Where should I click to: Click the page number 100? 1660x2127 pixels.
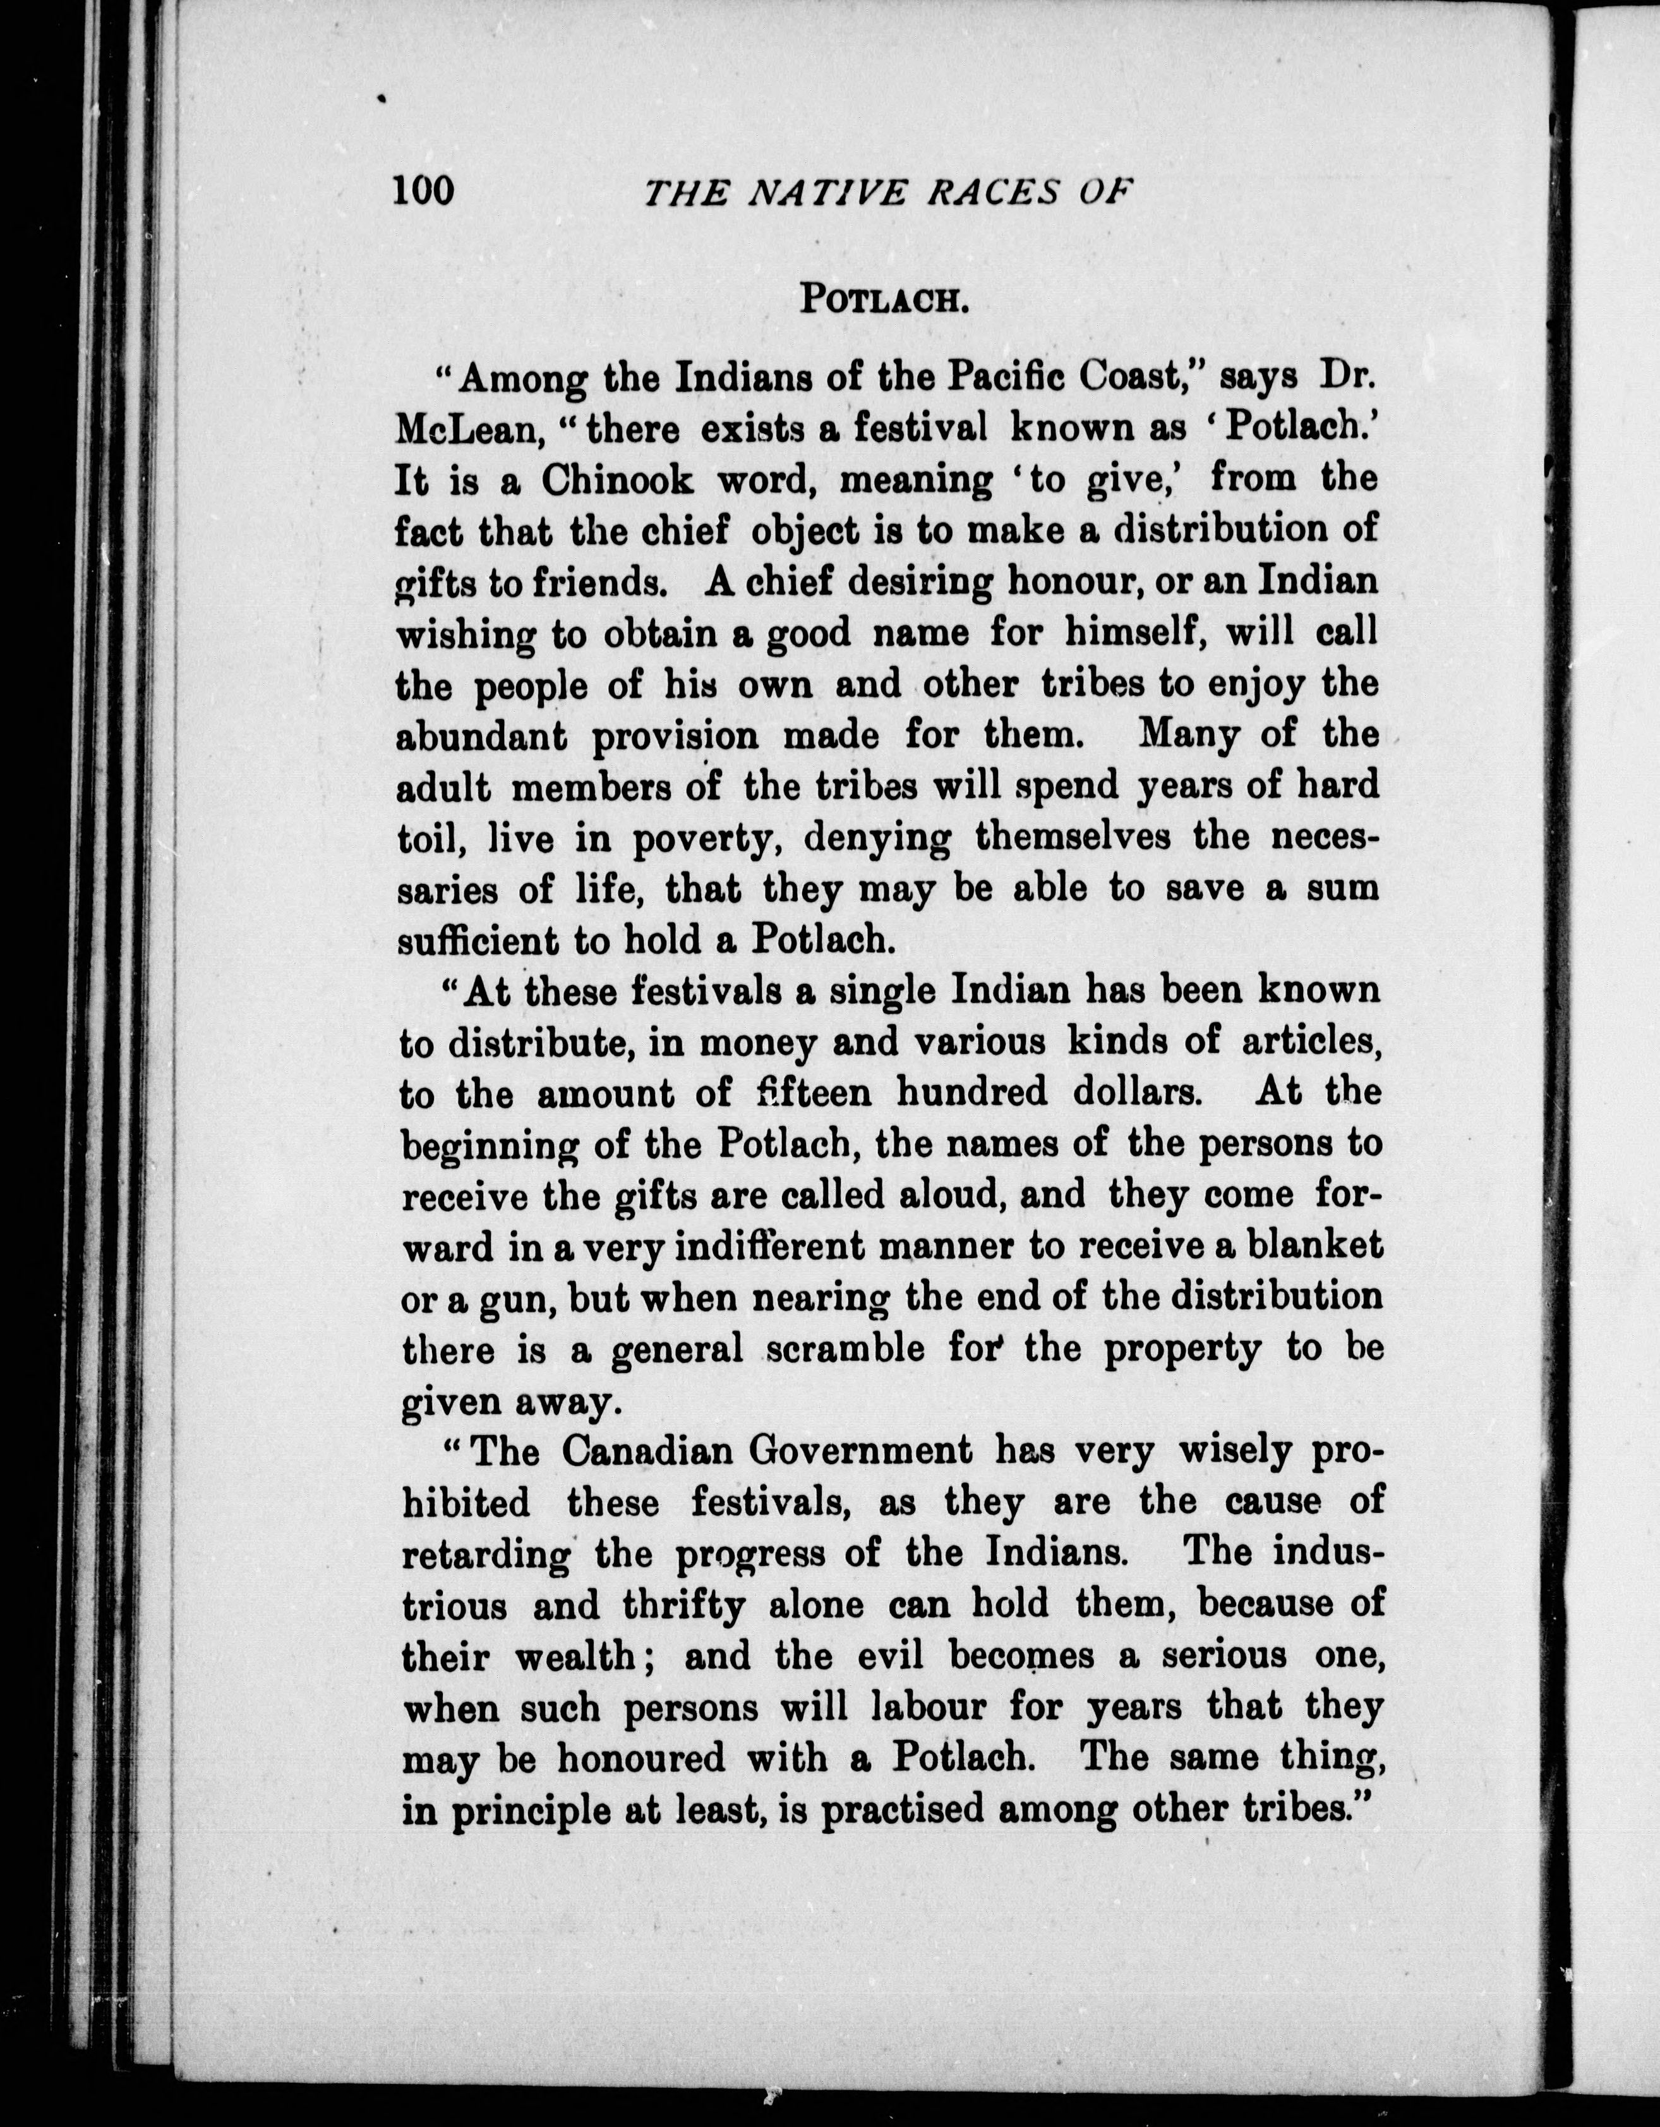(x=423, y=189)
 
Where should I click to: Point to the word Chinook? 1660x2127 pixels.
(x=617, y=480)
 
